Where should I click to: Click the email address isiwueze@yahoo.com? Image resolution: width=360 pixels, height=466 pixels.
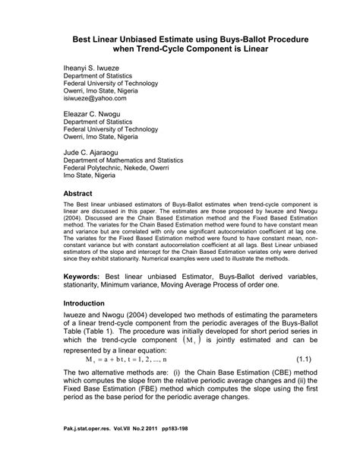[96, 99]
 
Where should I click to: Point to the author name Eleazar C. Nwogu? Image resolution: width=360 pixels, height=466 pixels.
[96, 112]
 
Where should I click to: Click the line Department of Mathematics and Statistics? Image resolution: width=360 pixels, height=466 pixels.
[128, 161]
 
